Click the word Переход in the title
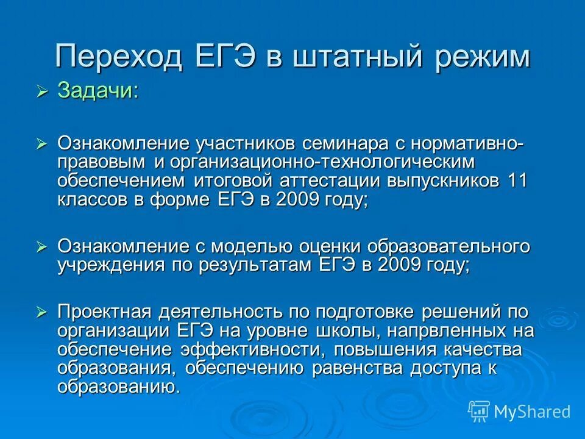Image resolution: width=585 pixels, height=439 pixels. point(116,57)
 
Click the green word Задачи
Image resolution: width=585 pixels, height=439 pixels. point(97,91)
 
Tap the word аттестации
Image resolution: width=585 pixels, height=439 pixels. point(329,181)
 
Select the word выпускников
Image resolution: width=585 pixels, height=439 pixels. point(441,181)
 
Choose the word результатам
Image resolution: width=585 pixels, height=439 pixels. point(257,265)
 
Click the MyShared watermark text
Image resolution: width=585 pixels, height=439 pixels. point(532,412)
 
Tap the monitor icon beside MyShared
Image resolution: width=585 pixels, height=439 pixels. point(479,412)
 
